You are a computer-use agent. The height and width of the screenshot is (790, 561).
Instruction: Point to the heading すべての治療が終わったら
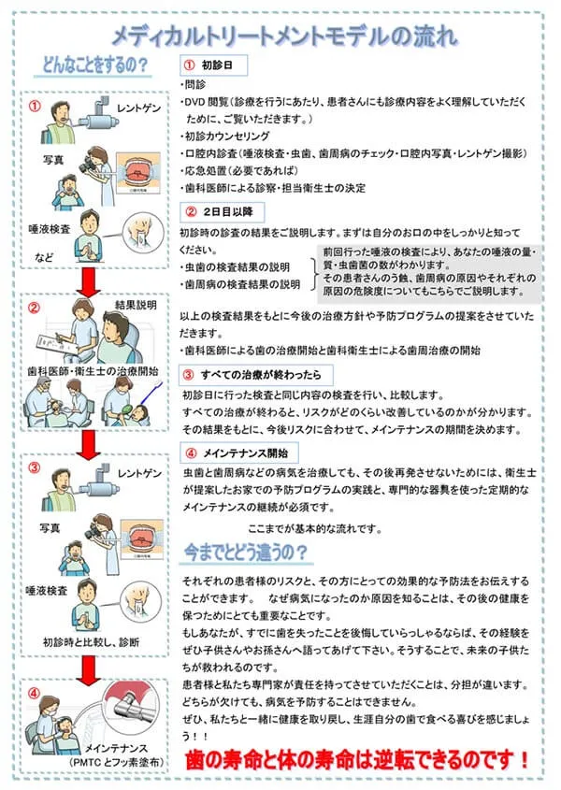[x=252, y=374]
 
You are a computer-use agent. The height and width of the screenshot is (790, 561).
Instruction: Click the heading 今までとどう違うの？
[x=247, y=552]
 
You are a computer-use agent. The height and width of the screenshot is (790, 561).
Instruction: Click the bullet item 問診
[x=194, y=85]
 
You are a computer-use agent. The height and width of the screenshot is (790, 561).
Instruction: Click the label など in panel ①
[x=44, y=255]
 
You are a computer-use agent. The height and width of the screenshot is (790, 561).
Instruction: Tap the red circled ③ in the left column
[x=35, y=467]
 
